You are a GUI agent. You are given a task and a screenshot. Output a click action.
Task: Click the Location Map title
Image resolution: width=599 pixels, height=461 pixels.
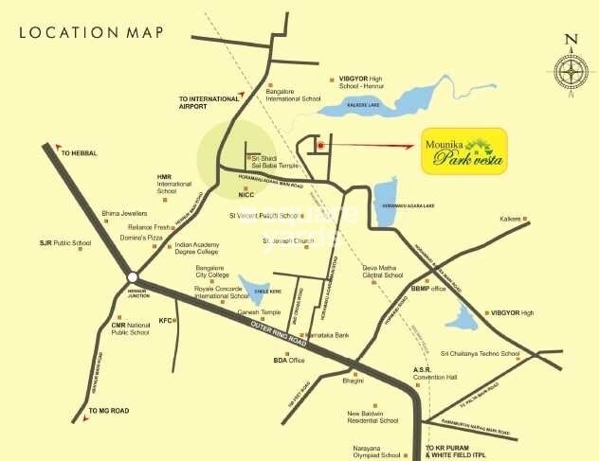pos(90,32)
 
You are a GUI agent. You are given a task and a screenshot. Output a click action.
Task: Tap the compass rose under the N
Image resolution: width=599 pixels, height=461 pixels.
pos(571,73)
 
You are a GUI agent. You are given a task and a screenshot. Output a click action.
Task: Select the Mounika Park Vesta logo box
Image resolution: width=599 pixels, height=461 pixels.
pos(463,151)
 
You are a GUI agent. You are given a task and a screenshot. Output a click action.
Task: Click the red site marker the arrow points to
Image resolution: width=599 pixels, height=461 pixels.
pos(321,146)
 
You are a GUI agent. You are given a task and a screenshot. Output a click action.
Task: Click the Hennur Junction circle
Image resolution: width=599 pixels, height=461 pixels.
pos(132,277)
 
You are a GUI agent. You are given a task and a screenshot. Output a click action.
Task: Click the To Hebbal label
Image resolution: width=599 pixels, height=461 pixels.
pos(80,152)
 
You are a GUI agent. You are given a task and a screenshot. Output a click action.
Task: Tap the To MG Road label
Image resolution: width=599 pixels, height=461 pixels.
pos(107,410)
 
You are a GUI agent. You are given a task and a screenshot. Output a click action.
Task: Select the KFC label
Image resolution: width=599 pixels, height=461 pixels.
pos(167,320)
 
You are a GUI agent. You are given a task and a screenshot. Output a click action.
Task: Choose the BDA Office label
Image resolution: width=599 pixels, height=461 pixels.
pos(289,361)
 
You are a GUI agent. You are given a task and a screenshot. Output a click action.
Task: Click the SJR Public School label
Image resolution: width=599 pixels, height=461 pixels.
pos(64,243)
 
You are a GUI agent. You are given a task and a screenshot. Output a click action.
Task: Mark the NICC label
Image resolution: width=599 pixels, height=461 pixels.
pos(248,194)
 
